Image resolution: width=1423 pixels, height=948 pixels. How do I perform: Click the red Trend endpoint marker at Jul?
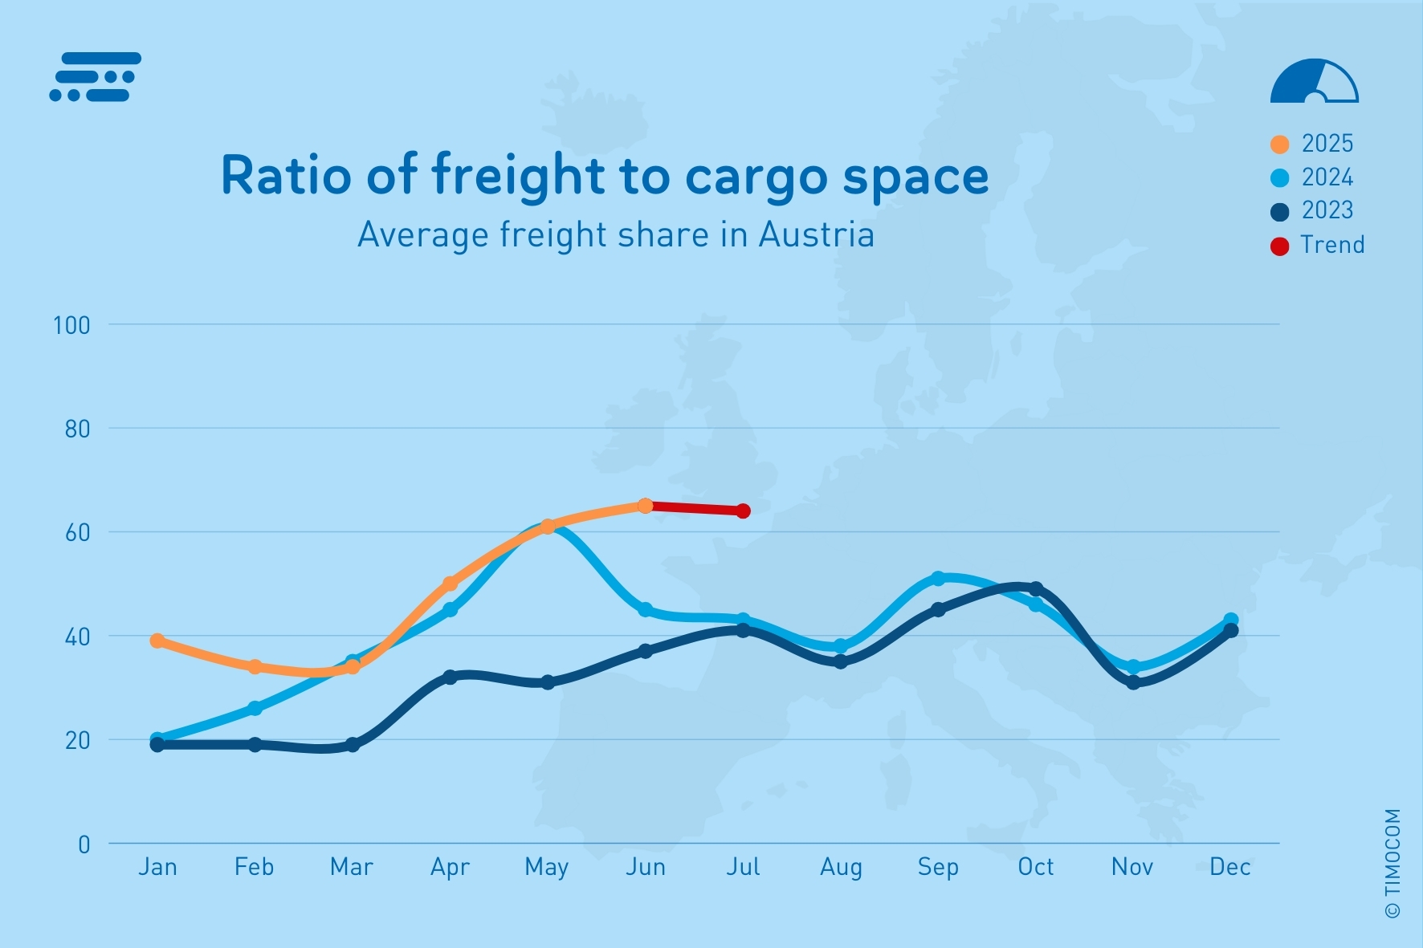[x=744, y=511]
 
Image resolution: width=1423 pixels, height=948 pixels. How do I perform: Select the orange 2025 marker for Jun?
[x=645, y=506]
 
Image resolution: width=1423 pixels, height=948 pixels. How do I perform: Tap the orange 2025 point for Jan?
[x=157, y=641]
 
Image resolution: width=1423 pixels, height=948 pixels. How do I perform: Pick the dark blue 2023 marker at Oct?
[x=1036, y=589]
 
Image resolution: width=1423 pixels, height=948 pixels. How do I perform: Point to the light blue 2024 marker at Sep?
[x=938, y=579]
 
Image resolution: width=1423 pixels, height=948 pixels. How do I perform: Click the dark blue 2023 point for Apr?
[x=450, y=677]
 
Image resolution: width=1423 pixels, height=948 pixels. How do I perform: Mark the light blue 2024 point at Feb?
[x=255, y=708]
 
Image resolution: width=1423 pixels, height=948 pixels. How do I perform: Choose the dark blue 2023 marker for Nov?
[x=1133, y=683]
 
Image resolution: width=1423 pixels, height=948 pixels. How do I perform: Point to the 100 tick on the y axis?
[x=71, y=325]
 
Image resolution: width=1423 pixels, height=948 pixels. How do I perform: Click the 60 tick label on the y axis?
[x=77, y=532]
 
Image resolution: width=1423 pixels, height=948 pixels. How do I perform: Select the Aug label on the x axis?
[x=841, y=867]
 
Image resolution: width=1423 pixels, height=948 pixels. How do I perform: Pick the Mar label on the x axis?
[x=352, y=867]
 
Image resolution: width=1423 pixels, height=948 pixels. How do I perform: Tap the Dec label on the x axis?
[x=1230, y=867]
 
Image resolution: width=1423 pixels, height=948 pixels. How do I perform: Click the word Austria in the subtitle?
[x=816, y=235]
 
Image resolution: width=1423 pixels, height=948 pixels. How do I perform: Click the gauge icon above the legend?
[x=1314, y=81]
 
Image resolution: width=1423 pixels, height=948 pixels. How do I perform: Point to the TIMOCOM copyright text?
[x=1392, y=863]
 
